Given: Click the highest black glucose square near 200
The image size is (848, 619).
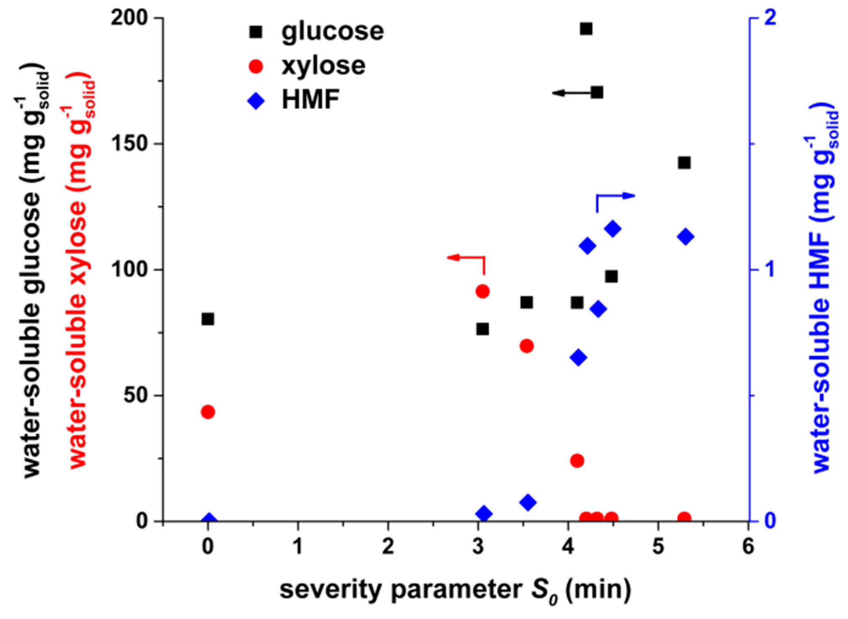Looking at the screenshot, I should (586, 29).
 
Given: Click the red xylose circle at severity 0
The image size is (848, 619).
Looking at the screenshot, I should (208, 412).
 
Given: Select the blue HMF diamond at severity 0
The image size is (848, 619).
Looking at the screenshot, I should (209, 520).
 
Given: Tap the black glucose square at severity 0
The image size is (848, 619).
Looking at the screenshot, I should (208, 319).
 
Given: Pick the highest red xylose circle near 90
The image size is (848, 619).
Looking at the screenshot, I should (483, 291).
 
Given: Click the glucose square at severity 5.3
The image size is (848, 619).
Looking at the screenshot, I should (684, 163).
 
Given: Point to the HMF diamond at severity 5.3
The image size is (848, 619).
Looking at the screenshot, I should (685, 237).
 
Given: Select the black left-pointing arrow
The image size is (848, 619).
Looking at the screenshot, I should (571, 93).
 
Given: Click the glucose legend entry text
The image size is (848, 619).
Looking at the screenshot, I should (332, 32).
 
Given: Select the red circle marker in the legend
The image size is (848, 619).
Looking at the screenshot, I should (256, 66).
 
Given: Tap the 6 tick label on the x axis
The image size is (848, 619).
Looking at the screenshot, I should (748, 547).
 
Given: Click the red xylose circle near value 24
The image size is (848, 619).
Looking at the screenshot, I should (577, 461).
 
